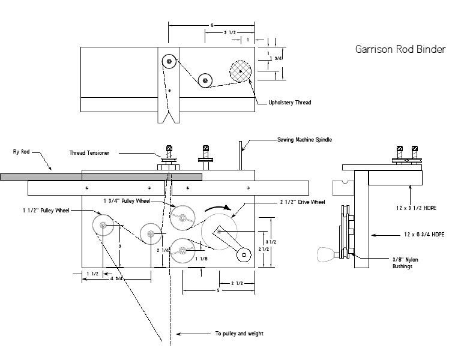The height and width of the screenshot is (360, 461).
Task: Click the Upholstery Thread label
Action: pos(290,103)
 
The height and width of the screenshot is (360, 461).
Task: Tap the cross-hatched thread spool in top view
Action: pos(241,71)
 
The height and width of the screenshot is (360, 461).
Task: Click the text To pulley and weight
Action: pos(239,334)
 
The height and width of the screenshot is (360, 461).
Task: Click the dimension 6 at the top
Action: pos(212,25)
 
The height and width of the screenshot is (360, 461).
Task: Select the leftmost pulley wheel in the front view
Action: pos(103,226)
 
